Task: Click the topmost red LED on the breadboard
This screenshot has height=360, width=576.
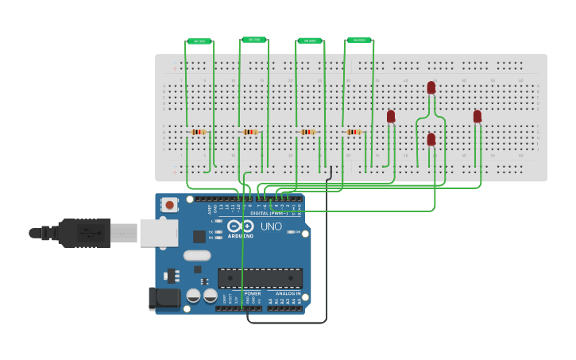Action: coord(431,87)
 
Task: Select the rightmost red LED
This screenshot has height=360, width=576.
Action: coord(477,116)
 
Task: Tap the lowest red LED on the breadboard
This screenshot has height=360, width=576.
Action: coord(431,139)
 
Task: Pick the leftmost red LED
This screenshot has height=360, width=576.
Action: coord(391,116)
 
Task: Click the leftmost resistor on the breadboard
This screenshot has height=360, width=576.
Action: coord(199,132)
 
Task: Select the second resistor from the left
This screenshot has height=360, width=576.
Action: coord(250,132)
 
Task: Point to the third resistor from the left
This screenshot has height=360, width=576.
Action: coord(307,132)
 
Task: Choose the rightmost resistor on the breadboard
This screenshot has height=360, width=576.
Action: coord(354,132)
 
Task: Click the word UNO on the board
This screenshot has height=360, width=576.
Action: coord(271,226)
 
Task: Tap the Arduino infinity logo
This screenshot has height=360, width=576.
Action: coord(241,226)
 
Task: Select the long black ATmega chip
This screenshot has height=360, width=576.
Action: coord(261,277)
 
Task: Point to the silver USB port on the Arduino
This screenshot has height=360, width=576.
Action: coord(159,233)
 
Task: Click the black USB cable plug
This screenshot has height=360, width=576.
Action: coord(83,233)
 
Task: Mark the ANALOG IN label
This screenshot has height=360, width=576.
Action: coord(283,293)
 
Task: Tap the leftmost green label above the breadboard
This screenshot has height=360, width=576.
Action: coord(199,41)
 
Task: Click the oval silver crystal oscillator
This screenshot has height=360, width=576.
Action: coord(197,256)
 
